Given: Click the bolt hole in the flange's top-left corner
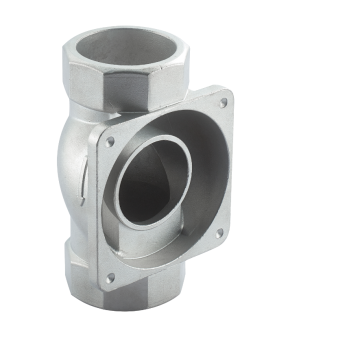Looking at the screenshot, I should [x=109, y=143].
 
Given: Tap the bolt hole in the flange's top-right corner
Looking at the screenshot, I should [x=222, y=101].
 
